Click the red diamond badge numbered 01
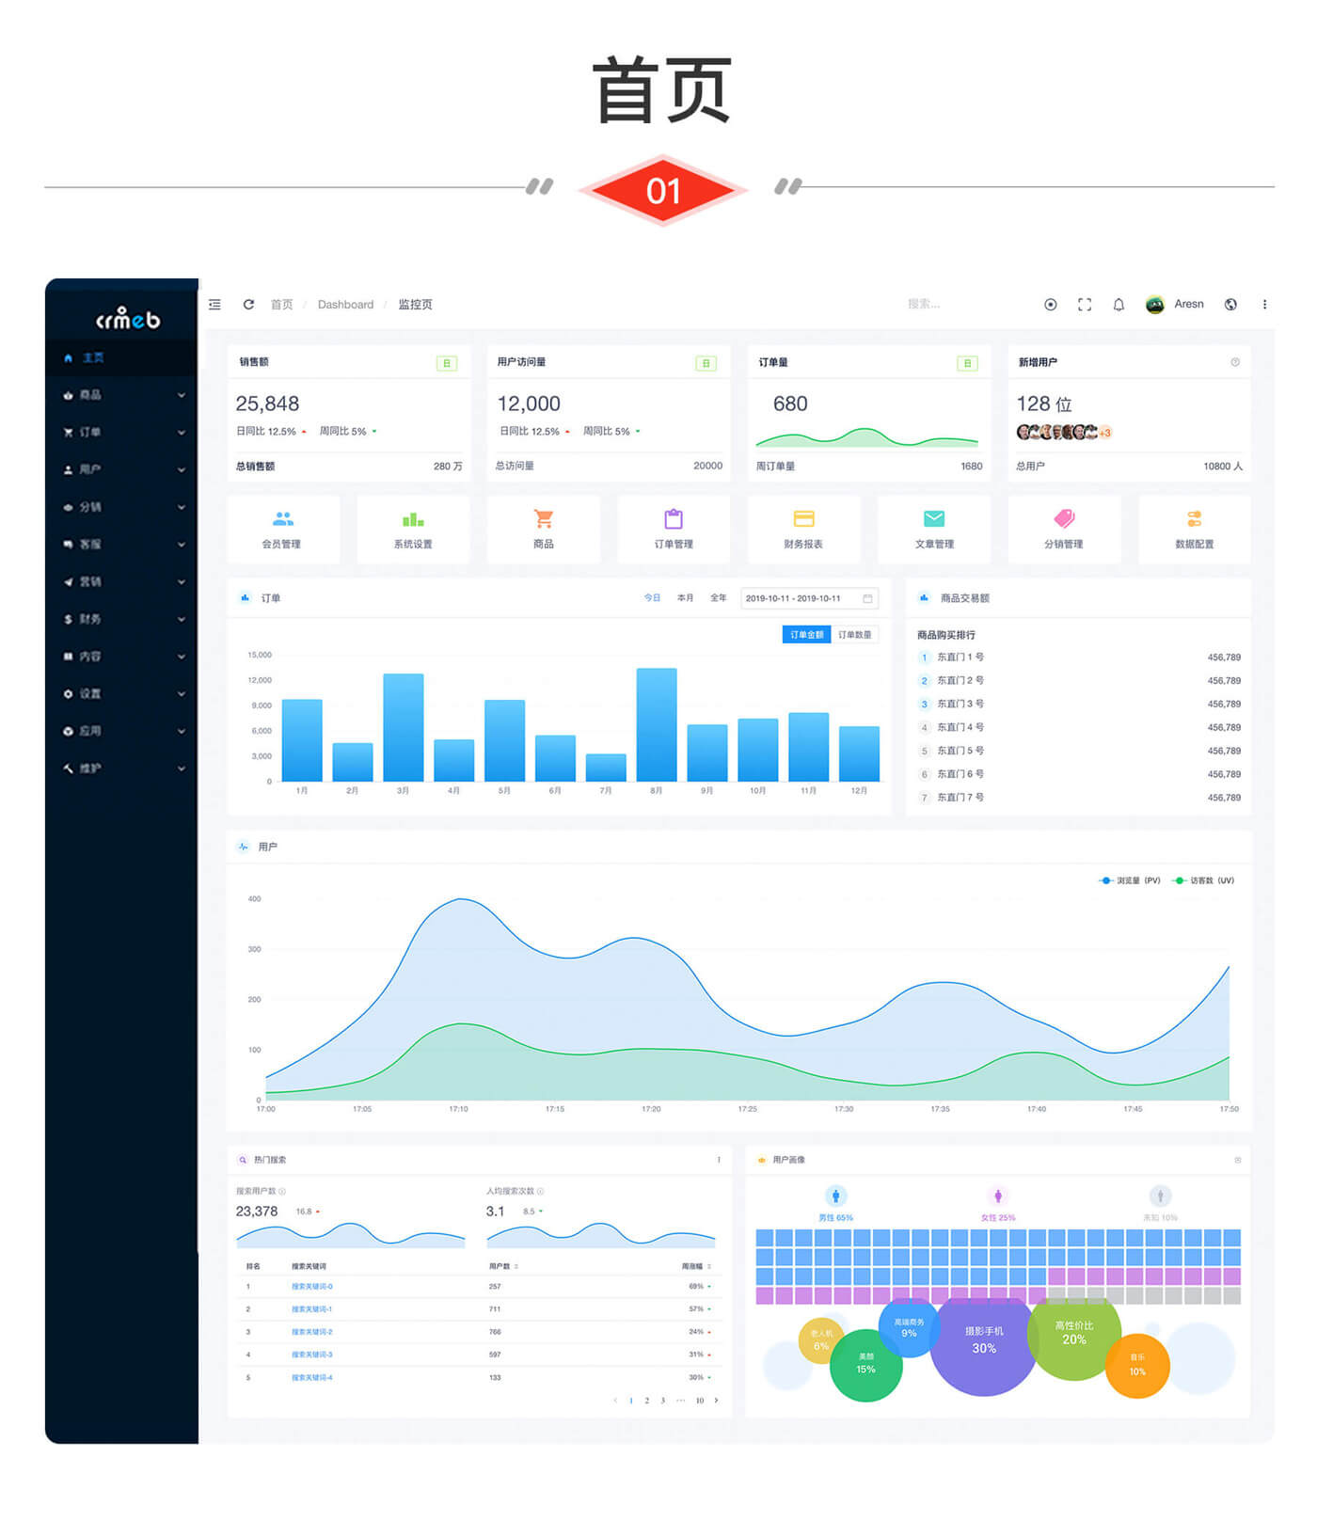[x=663, y=191]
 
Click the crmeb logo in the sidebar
[x=128, y=319]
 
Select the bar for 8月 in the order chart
[x=657, y=724]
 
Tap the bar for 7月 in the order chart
[x=606, y=768]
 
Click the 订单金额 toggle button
[x=806, y=635]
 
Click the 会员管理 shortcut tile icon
[x=283, y=519]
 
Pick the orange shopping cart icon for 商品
[x=544, y=519]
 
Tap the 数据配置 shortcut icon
[x=1194, y=519]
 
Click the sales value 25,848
[x=267, y=404]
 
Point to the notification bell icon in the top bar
[x=1119, y=305]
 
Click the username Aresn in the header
[x=1189, y=304]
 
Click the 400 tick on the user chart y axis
[x=254, y=899]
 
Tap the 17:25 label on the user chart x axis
[x=748, y=1110]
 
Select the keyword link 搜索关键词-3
[x=311, y=1355]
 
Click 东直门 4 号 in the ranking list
[x=960, y=728]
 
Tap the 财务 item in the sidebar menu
[x=90, y=620]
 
